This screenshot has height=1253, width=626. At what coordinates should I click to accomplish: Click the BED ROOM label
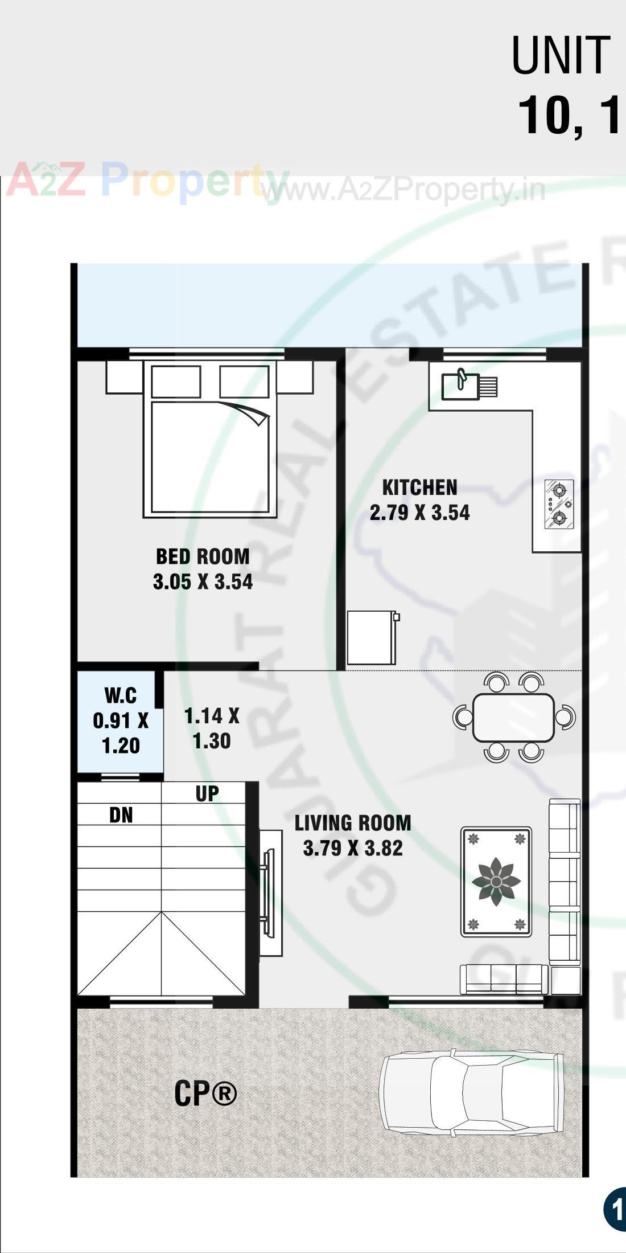(203, 556)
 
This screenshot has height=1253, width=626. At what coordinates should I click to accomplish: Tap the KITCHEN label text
(419, 488)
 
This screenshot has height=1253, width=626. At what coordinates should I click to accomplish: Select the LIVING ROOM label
(353, 823)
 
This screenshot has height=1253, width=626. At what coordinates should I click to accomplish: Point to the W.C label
(121, 695)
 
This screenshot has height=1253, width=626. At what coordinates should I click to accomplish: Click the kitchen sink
(461, 386)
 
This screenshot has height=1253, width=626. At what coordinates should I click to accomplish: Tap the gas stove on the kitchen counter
(558, 504)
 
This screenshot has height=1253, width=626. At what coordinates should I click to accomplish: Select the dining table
(513, 718)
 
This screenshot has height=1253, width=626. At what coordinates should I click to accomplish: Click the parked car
(471, 1095)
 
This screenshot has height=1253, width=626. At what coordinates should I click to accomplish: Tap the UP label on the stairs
(207, 793)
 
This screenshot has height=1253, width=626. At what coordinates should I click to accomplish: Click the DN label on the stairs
(121, 816)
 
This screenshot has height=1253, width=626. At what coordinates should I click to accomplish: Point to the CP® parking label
(205, 1094)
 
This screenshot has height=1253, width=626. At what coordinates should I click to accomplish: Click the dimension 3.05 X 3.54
(203, 582)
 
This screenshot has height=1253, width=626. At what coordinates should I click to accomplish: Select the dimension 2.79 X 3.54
(419, 513)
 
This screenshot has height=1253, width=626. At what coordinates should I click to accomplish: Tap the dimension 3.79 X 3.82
(353, 849)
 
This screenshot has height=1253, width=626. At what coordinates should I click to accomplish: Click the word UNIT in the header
(561, 55)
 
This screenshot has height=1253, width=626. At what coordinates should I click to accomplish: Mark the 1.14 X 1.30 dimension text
(212, 728)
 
